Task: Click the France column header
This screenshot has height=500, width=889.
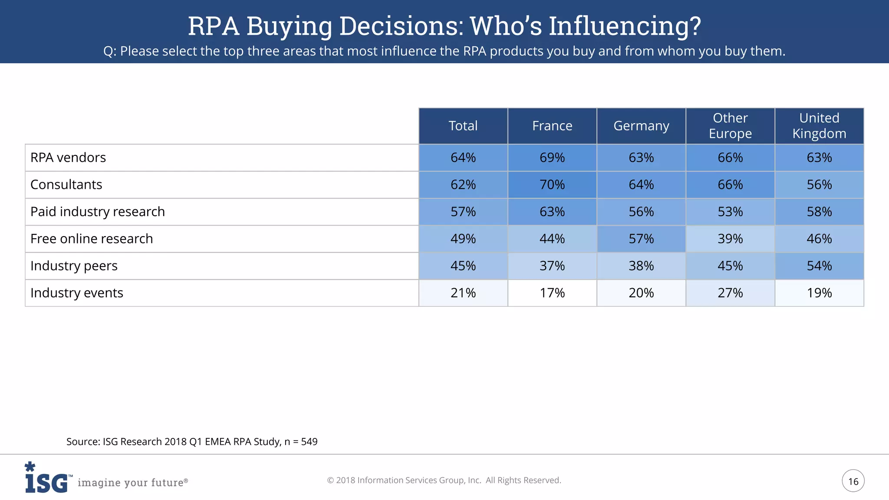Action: (552, 126)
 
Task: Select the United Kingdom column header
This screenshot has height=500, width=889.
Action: (819, 126)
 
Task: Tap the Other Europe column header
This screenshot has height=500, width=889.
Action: (730, 126)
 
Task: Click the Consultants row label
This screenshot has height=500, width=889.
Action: (66, 184)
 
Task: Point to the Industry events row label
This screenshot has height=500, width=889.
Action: (77, 293)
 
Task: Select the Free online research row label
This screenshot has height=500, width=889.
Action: (92, 239)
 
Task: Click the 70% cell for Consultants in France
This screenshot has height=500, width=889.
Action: (552, 184)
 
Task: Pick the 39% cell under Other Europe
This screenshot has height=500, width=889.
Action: (730, 239)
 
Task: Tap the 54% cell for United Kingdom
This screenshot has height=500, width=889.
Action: (819, 266)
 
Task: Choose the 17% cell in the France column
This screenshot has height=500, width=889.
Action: (552, 293)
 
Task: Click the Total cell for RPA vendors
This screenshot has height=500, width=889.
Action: (463, 158)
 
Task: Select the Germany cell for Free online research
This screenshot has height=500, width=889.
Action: (641, 239)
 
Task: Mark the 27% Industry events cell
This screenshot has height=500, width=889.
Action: (730, 293)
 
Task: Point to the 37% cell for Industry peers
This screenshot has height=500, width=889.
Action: (552, 266)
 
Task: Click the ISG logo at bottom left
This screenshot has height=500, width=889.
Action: (46, 479)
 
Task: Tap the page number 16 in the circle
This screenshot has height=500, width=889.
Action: (853, 481)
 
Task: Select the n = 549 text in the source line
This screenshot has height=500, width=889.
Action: (301, 442)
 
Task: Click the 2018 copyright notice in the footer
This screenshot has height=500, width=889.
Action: (444, 480)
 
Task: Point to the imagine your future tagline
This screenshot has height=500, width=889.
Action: (132, 483)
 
